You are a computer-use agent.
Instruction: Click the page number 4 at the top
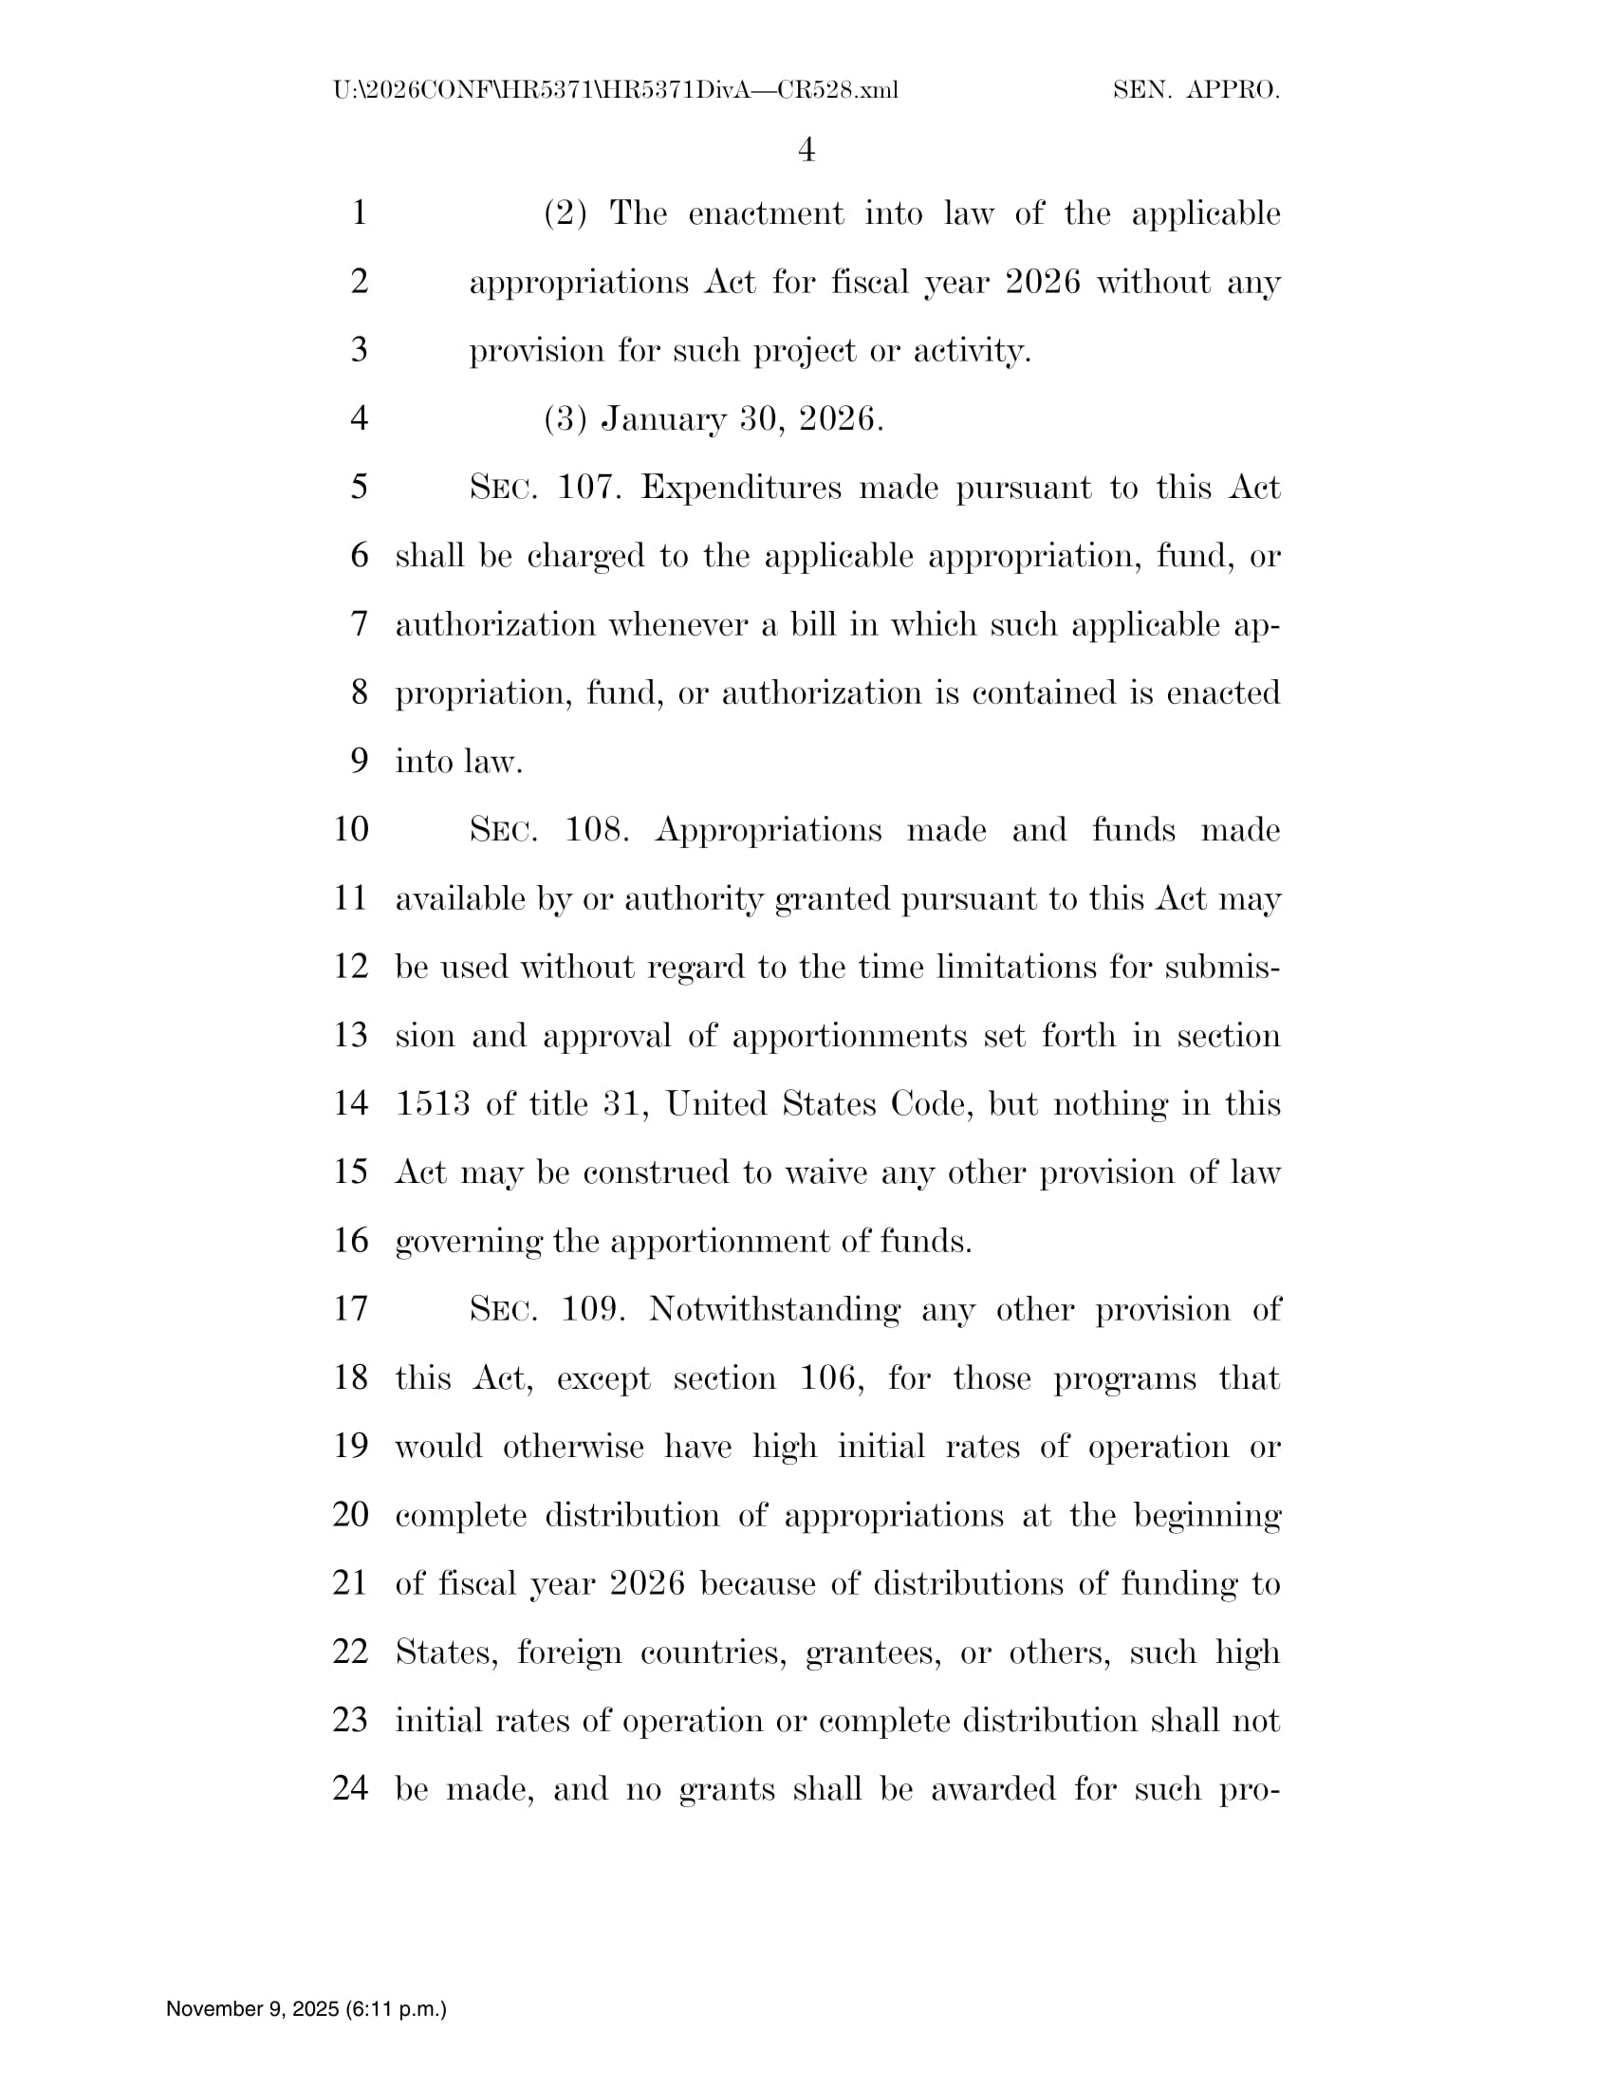click(806, 150)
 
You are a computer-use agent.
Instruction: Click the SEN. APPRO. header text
click(1196, 91)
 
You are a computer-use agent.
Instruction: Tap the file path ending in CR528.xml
click(616, 91)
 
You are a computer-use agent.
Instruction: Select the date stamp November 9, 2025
click(306, 2008)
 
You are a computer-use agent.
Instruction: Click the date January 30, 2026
click(742, 418)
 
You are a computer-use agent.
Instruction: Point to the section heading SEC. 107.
click(546, 488)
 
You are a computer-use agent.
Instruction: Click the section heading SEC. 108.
click(548, 829)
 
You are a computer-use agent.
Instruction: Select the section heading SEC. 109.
click(547, 1309)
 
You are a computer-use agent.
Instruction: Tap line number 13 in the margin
click(351, 1035)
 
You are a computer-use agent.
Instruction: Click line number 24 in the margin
click(351, 1788)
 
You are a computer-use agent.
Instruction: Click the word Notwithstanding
click(774, 1309)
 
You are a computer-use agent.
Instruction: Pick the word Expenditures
click(741, 488)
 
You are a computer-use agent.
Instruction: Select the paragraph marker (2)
click(565, 213)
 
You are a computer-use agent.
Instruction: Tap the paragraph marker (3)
click(565, 418)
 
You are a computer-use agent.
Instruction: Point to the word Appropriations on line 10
click(769, 829)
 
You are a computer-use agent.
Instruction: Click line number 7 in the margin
click(360, 624)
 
